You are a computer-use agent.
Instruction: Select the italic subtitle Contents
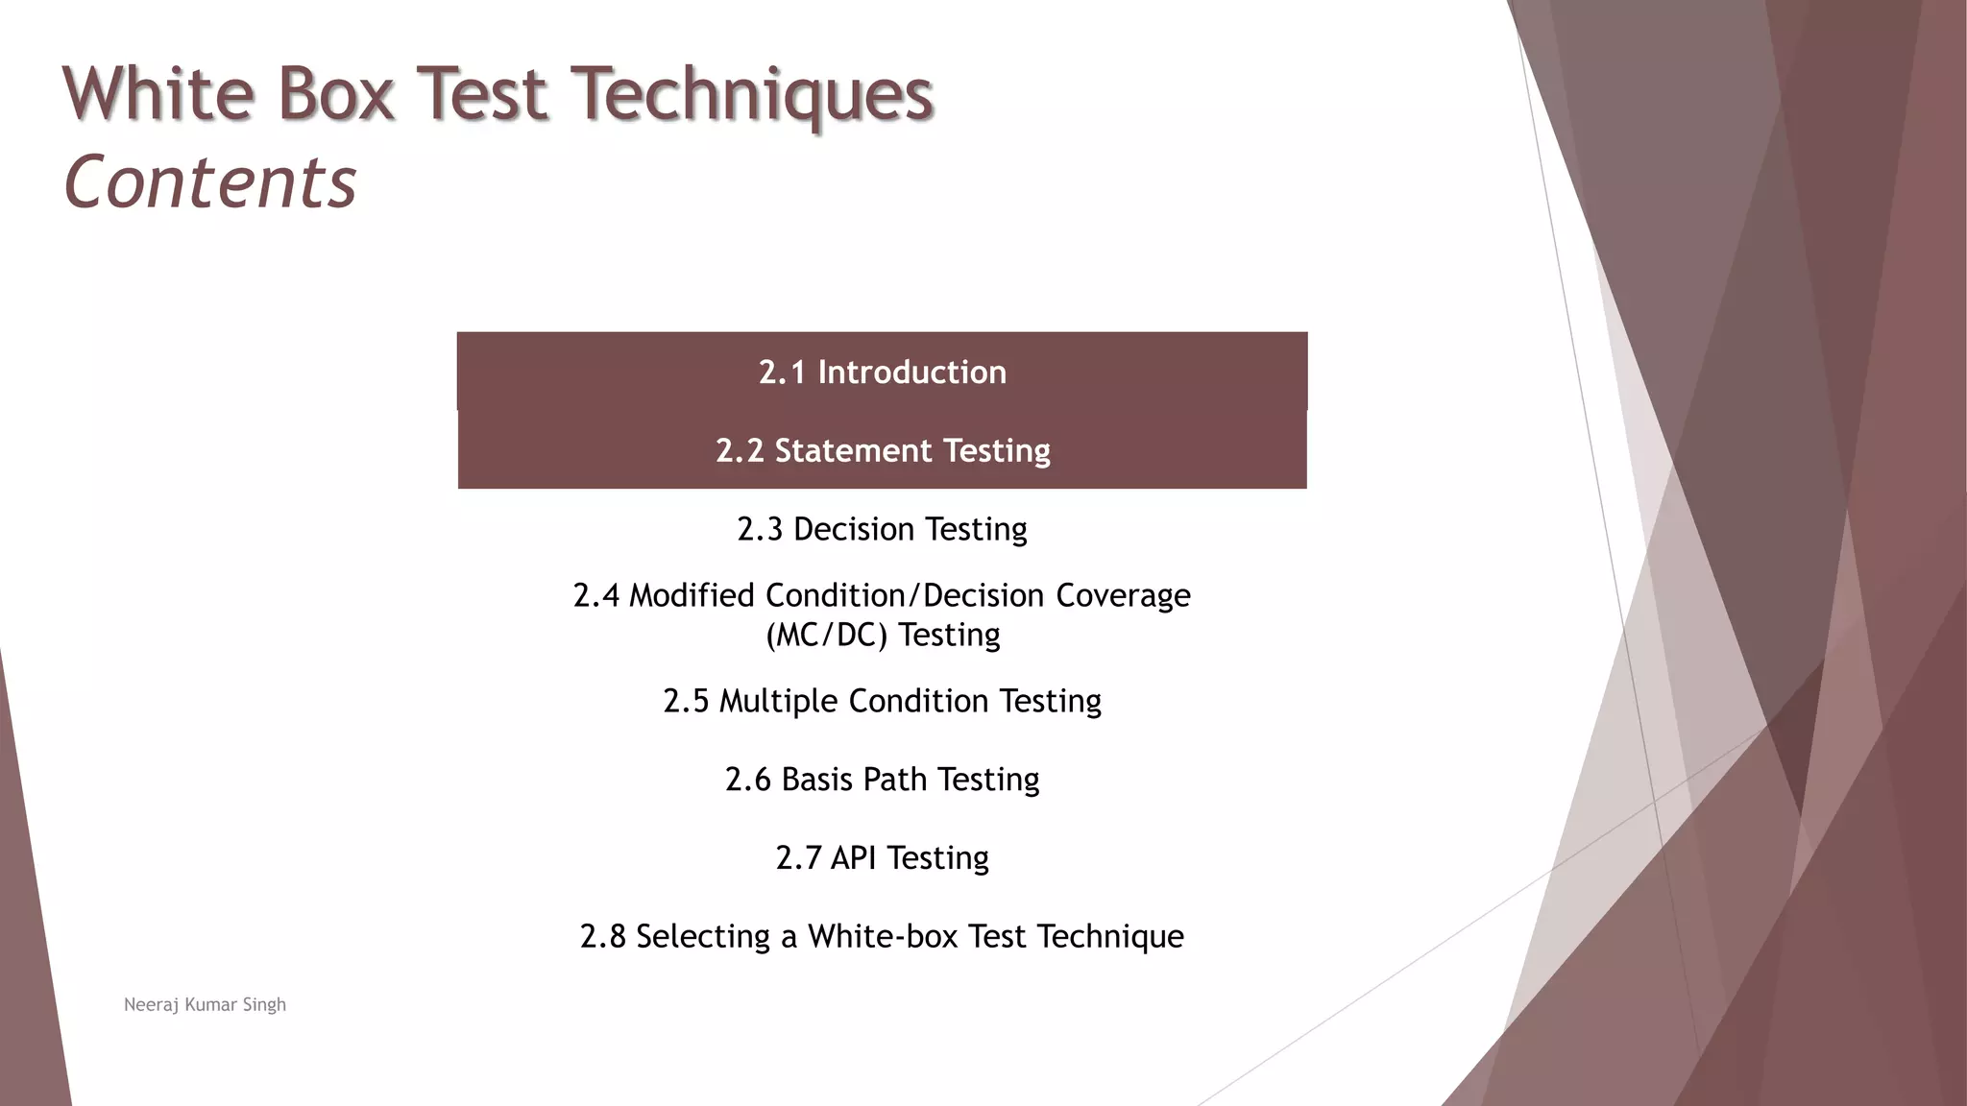pos(210,182)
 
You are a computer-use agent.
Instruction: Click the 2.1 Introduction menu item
pos(882,373)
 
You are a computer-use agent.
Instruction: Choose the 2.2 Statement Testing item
pos(882,450)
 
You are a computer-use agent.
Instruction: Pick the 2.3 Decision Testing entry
pos(882,529)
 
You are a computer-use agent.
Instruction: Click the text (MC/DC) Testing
pos(882,635)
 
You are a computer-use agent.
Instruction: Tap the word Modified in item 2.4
pos(692,595)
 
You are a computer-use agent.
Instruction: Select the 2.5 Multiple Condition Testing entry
pos(882,701)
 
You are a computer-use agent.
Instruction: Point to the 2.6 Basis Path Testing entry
pos(882,780)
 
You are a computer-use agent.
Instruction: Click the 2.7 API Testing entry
pos(882,857)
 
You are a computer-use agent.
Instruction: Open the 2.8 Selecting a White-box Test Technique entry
pos(882,936)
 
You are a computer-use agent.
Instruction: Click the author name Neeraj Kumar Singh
pos(205,1004)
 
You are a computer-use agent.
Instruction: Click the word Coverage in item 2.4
pos(1123,595)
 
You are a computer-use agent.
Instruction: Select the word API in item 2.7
pos(853,857)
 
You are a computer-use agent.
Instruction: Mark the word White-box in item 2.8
pos(882,936)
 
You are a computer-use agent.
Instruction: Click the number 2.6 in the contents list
pos(747,780)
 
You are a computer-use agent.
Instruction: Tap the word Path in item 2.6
pos(894,780)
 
